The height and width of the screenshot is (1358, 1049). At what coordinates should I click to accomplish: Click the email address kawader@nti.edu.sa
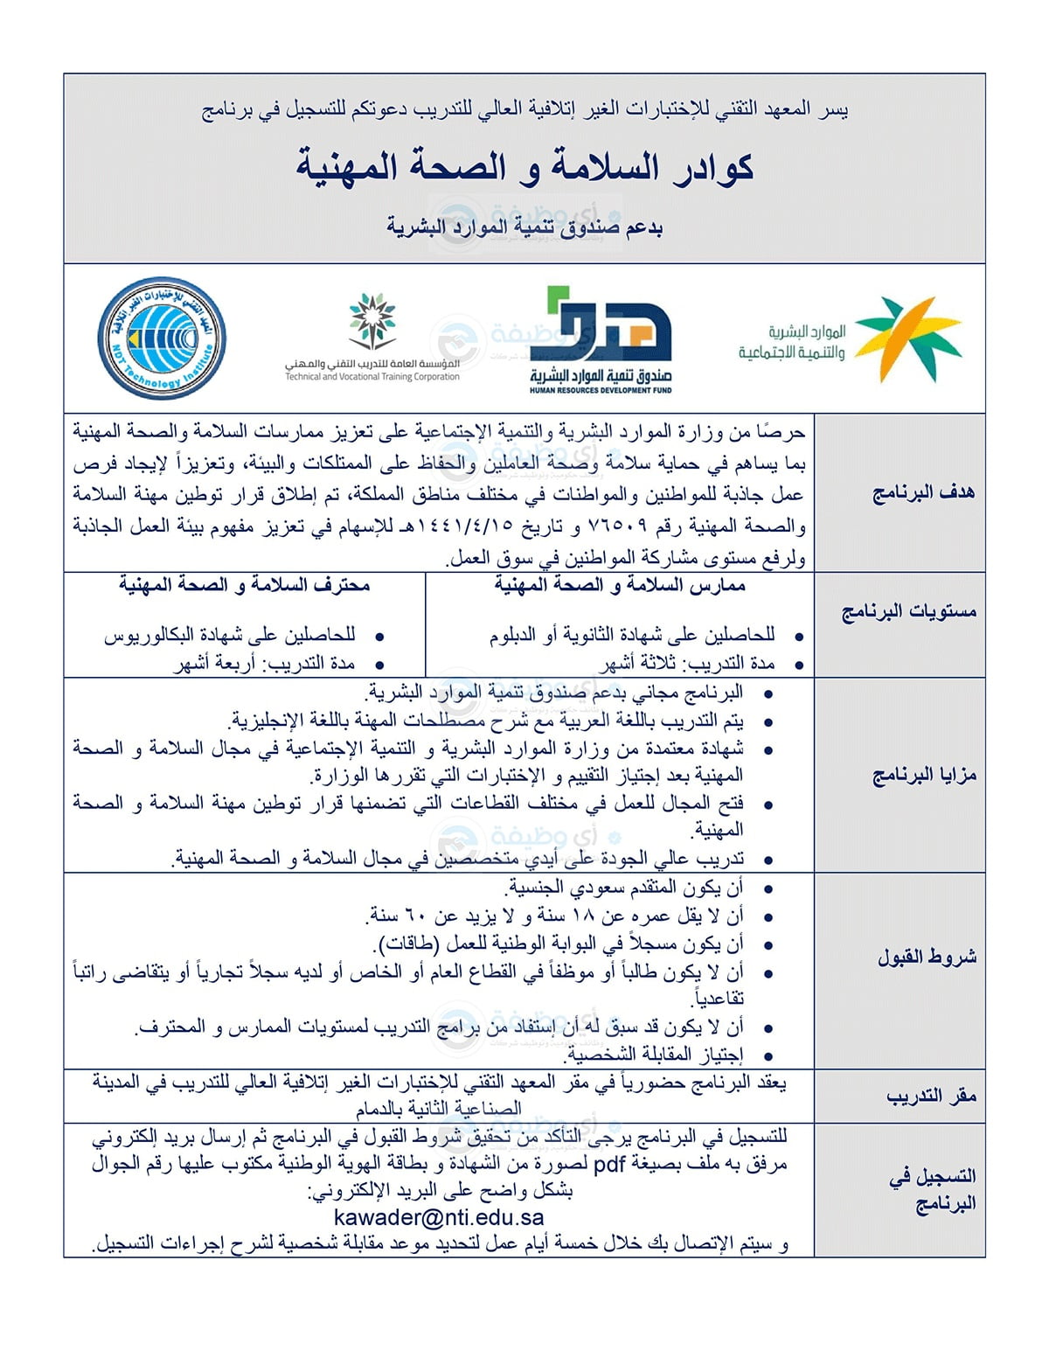[439, 1217]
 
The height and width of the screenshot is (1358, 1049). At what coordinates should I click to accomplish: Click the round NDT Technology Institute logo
[160, 339]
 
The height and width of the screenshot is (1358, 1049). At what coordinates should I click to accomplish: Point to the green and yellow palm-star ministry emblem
[907, 338]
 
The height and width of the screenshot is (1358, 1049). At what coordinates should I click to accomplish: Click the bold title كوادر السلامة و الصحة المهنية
[524, 166]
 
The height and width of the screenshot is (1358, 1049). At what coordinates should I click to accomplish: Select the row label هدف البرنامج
[923, 492]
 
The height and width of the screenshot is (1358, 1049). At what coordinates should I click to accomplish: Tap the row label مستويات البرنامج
[908, 611]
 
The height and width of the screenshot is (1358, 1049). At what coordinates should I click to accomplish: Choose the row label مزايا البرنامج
[923, 775]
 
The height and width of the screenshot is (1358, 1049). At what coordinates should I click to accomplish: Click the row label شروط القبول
[927, 957]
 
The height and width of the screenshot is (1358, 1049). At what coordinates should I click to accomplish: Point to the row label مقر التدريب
[930, 1096]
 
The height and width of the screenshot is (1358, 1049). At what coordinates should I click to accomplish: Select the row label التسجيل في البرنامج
[932, 1189]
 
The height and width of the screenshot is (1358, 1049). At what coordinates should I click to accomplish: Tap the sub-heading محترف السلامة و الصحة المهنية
[245, 585]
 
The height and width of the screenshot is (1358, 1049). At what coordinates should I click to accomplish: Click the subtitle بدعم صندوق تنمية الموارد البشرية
[524, 227]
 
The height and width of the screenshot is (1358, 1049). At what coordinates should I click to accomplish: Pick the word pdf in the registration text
[609, 1164]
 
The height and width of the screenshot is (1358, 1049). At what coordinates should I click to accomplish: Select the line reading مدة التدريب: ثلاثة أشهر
[687, 664]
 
